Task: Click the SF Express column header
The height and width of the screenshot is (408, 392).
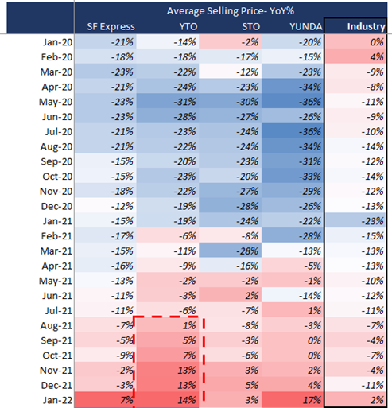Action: point(111,27)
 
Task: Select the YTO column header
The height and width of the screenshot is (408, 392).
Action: point(188,27)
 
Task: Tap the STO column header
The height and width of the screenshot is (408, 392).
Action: point(250,27)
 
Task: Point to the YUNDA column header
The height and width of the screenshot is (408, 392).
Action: point(306,27)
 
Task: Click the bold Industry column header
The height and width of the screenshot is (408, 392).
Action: point(366,26)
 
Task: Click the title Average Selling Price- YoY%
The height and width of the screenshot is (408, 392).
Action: point(231,11)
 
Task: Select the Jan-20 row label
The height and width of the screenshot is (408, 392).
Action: point(58,42)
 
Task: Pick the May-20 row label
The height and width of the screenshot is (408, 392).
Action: point(56,102)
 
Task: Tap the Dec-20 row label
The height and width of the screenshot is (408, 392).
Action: point(56,206)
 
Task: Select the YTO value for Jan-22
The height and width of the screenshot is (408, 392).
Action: point(187,400)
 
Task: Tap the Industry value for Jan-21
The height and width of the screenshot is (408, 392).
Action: point(373,221)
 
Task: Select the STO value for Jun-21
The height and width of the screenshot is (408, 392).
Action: point(251,296)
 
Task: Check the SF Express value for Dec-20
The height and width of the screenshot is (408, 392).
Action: point(122,206)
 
